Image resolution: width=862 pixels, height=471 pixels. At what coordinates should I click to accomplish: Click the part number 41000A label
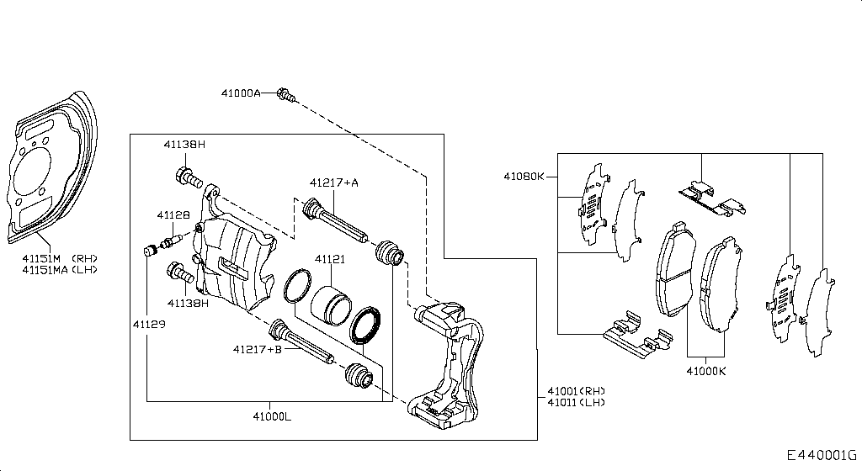tap(241, 93)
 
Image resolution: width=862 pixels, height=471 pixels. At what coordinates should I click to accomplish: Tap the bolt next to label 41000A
tap(285, 95)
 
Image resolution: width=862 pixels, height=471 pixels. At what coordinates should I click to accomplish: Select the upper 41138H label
tap(184, 145)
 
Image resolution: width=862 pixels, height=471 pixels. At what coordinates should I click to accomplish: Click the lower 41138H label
tap(188, 303)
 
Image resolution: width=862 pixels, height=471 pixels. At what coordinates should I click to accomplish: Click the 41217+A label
tap(333, 183)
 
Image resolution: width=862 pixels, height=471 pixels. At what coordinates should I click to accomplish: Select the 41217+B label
tap(258, 349)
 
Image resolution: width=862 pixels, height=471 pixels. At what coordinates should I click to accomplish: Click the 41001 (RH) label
tap(576, 391)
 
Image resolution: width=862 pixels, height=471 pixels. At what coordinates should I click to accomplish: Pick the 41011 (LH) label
tap(576, 403)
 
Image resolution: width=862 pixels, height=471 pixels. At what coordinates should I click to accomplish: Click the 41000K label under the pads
tap(705, 370)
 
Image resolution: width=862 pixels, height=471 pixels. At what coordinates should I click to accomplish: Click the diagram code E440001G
tap(821, 455)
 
